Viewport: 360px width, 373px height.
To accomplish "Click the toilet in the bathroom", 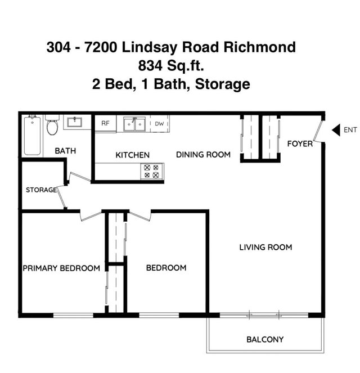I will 52,127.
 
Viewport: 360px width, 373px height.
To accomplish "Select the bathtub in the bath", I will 31,135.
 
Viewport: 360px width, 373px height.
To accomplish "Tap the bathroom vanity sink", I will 74,122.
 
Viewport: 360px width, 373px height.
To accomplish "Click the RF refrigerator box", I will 105,123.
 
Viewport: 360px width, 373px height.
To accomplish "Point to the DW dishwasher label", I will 159,123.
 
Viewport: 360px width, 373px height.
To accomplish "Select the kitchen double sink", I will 134,124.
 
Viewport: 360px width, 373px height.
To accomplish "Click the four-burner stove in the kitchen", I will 152,171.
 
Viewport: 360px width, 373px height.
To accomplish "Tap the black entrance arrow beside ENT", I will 336,130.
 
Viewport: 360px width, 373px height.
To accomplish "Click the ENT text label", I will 350,130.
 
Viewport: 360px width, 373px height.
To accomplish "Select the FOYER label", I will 300,143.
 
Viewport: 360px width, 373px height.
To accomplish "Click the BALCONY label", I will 265,339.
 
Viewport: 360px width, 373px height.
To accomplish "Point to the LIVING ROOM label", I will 265,247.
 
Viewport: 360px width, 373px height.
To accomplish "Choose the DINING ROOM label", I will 203,154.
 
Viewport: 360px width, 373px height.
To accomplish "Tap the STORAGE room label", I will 41,190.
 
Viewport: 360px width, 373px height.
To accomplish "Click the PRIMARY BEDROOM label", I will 61,268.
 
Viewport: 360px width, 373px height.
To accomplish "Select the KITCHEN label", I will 133,155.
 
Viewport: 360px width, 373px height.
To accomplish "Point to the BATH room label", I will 65,151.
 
